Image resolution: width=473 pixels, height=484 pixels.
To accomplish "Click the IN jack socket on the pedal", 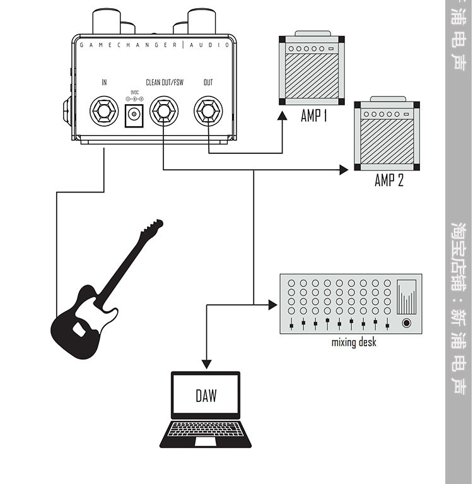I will coord(104,112).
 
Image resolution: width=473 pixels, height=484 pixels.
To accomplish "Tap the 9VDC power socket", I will coord(134,115).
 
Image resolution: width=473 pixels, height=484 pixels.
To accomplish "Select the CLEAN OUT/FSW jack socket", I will coord(163,112).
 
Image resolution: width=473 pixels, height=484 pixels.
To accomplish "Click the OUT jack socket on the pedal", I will coord(208,112).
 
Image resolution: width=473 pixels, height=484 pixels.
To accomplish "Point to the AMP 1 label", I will coord(313,116).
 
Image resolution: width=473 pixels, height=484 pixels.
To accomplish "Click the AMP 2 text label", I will coord(388,180).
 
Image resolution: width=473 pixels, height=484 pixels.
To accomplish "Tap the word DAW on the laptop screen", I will coord(206,396).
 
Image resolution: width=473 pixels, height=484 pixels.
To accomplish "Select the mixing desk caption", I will coord(354,343).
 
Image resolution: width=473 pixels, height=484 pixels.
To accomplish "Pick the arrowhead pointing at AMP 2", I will coord(344,170).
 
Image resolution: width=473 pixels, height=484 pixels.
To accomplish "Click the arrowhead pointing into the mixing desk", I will coord(273,305).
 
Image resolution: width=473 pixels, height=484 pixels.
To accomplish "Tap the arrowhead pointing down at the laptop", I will coord(206,364).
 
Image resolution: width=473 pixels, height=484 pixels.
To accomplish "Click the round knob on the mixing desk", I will coord(407,323).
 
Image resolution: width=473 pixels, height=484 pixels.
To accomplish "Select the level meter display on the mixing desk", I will coord(408,296).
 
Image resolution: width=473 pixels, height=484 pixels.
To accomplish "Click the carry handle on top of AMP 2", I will coord(388,100).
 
